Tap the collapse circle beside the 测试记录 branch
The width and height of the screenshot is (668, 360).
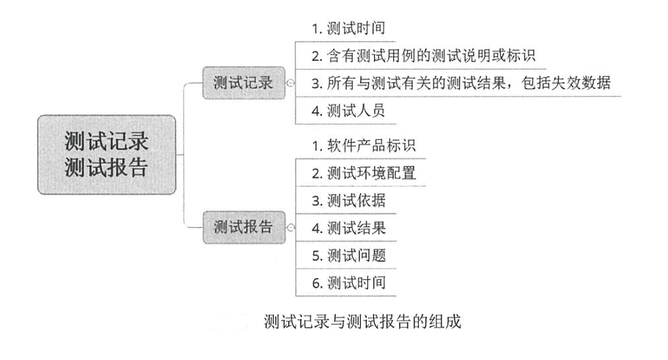click(x=290, y=83)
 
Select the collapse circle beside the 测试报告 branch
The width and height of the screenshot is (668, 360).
click(x=290, y=227)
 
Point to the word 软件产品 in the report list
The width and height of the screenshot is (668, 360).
click(x=356, y=145)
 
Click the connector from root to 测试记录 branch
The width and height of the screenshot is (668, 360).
click(x=189, y=103)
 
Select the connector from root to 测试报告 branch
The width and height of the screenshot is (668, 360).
click(x=189, y=209)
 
